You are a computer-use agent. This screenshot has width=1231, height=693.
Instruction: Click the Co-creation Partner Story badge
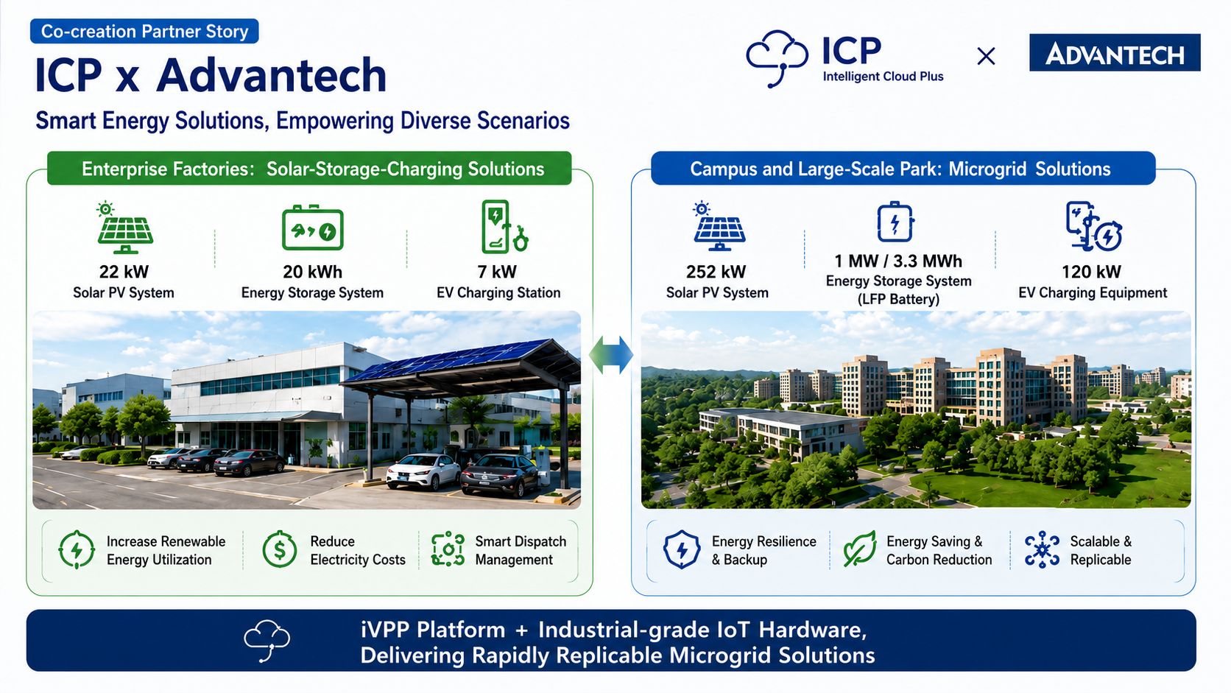pos(144,32)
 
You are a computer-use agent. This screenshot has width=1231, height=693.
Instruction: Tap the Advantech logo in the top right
pos(1115,53)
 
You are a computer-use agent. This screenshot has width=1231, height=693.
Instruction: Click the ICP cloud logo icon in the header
pos(777,58)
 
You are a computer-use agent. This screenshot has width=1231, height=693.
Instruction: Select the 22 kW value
pos(124,272)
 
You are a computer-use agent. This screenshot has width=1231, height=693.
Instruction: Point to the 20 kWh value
pos(312,272)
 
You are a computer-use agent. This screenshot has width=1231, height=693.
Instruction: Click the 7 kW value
pos(498,272)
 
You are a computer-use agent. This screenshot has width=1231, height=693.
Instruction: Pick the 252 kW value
pos(716,272)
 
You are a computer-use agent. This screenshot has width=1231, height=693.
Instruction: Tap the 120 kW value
pos(1091,272)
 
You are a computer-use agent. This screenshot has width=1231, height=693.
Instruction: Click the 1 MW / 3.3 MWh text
pos(898,261)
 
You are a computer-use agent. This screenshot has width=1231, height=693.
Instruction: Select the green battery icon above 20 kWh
pos(313,228)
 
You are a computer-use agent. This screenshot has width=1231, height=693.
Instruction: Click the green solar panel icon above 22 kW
pos(124,228)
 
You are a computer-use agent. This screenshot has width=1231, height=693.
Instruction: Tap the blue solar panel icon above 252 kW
pos(719,226)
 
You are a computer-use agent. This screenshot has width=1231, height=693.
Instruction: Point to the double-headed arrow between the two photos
pos(611,355)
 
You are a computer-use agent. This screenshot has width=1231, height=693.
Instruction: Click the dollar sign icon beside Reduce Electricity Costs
pos(280,549)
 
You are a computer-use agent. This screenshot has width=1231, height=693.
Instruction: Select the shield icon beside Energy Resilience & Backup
pos(682,549)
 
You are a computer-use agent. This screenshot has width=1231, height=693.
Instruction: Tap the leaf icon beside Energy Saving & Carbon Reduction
pos(859,549)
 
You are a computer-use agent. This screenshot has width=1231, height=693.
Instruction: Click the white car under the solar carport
pos(423,471)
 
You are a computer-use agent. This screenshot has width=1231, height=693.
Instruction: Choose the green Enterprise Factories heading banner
pos(309,168)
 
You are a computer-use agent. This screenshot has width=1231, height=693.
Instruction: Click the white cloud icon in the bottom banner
pos(267,640)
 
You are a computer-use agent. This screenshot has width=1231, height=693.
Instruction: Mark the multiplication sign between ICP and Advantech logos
pos(986,56)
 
